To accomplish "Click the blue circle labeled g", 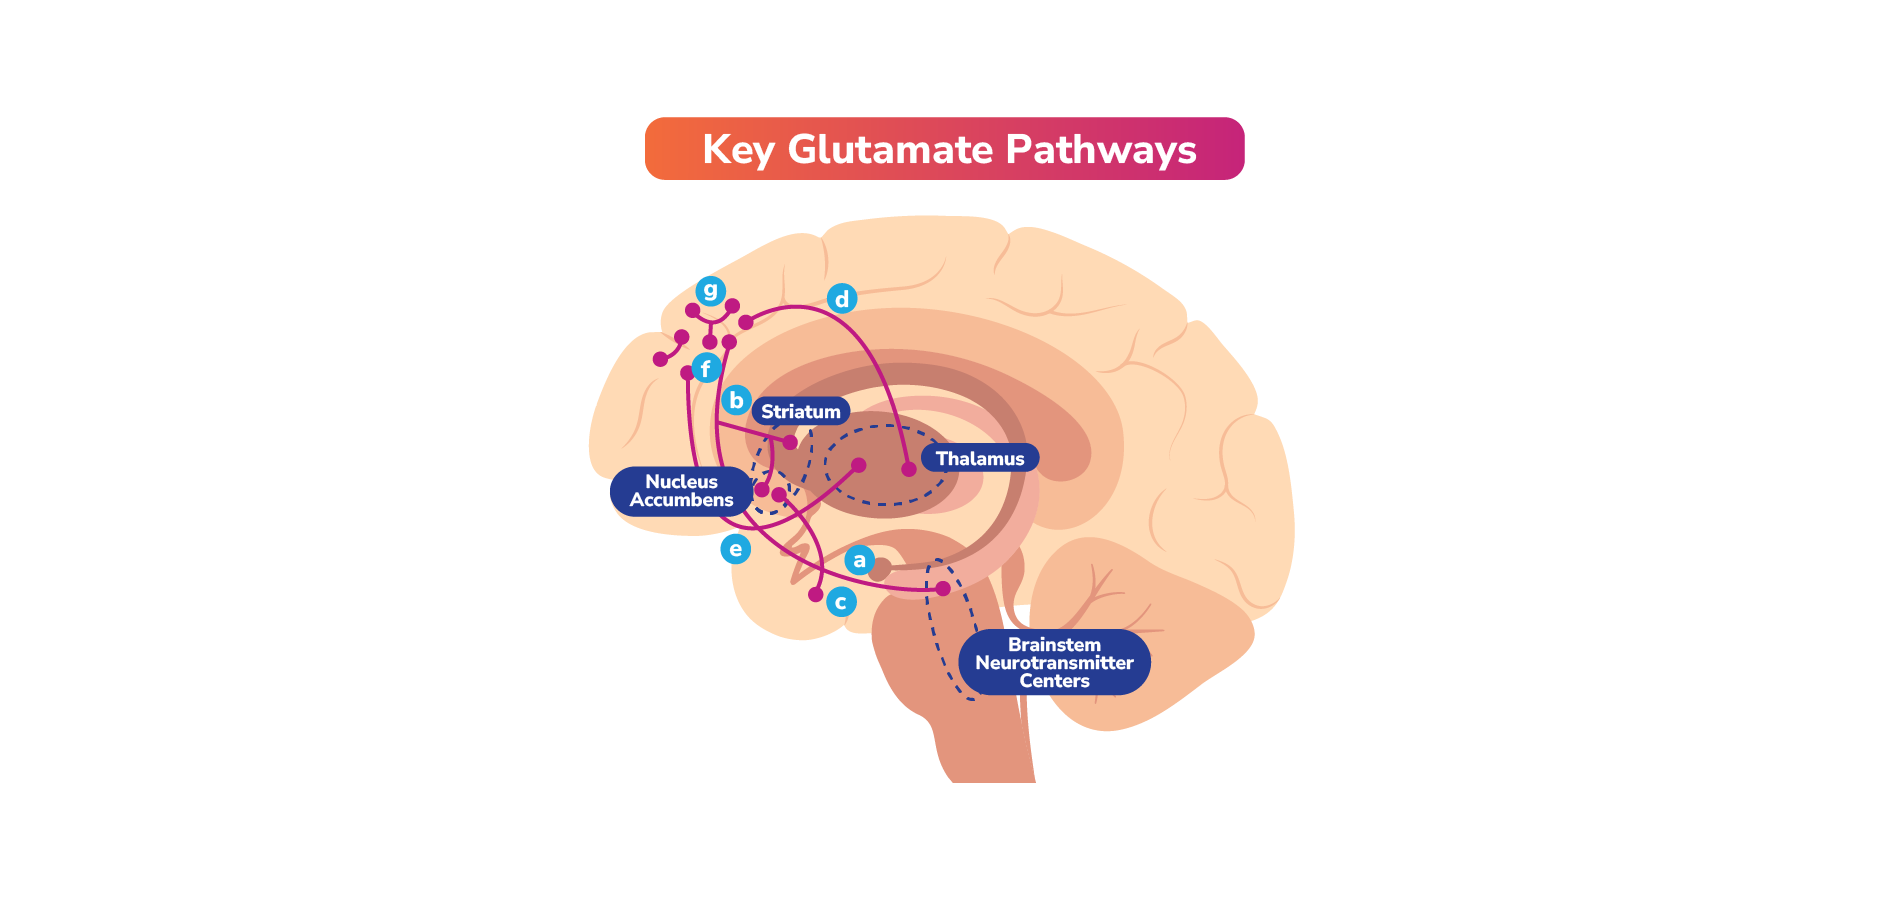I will (x=710, y=290).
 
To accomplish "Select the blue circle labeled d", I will (x=842, y=298).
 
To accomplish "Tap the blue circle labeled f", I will (x=706, y=368).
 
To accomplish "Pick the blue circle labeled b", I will (x=736, y=400).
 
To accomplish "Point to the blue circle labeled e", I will (x=735, y=548).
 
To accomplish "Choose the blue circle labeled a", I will (x=859, y=560).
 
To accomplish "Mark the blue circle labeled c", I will (x=841, y=602).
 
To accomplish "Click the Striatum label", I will (x=800, y=411).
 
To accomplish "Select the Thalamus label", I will (x=979, y=458).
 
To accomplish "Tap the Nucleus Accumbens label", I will (x=681, y=491).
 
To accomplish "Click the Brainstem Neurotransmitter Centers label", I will (x=1054, y=662).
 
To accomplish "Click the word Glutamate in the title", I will (x=890, y=149).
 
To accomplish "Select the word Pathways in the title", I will (x=1100, y=149).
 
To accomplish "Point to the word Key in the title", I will (x=738, y=149).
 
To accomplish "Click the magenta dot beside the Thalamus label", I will (x=909, y=469).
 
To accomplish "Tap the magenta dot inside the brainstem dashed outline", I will (x=943, y=588).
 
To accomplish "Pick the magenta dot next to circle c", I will (x=816, y=594).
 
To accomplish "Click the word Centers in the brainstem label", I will (x=1054, y=681).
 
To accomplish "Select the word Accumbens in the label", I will (x=681, y=500).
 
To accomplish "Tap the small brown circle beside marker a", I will (x=880, y=570).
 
